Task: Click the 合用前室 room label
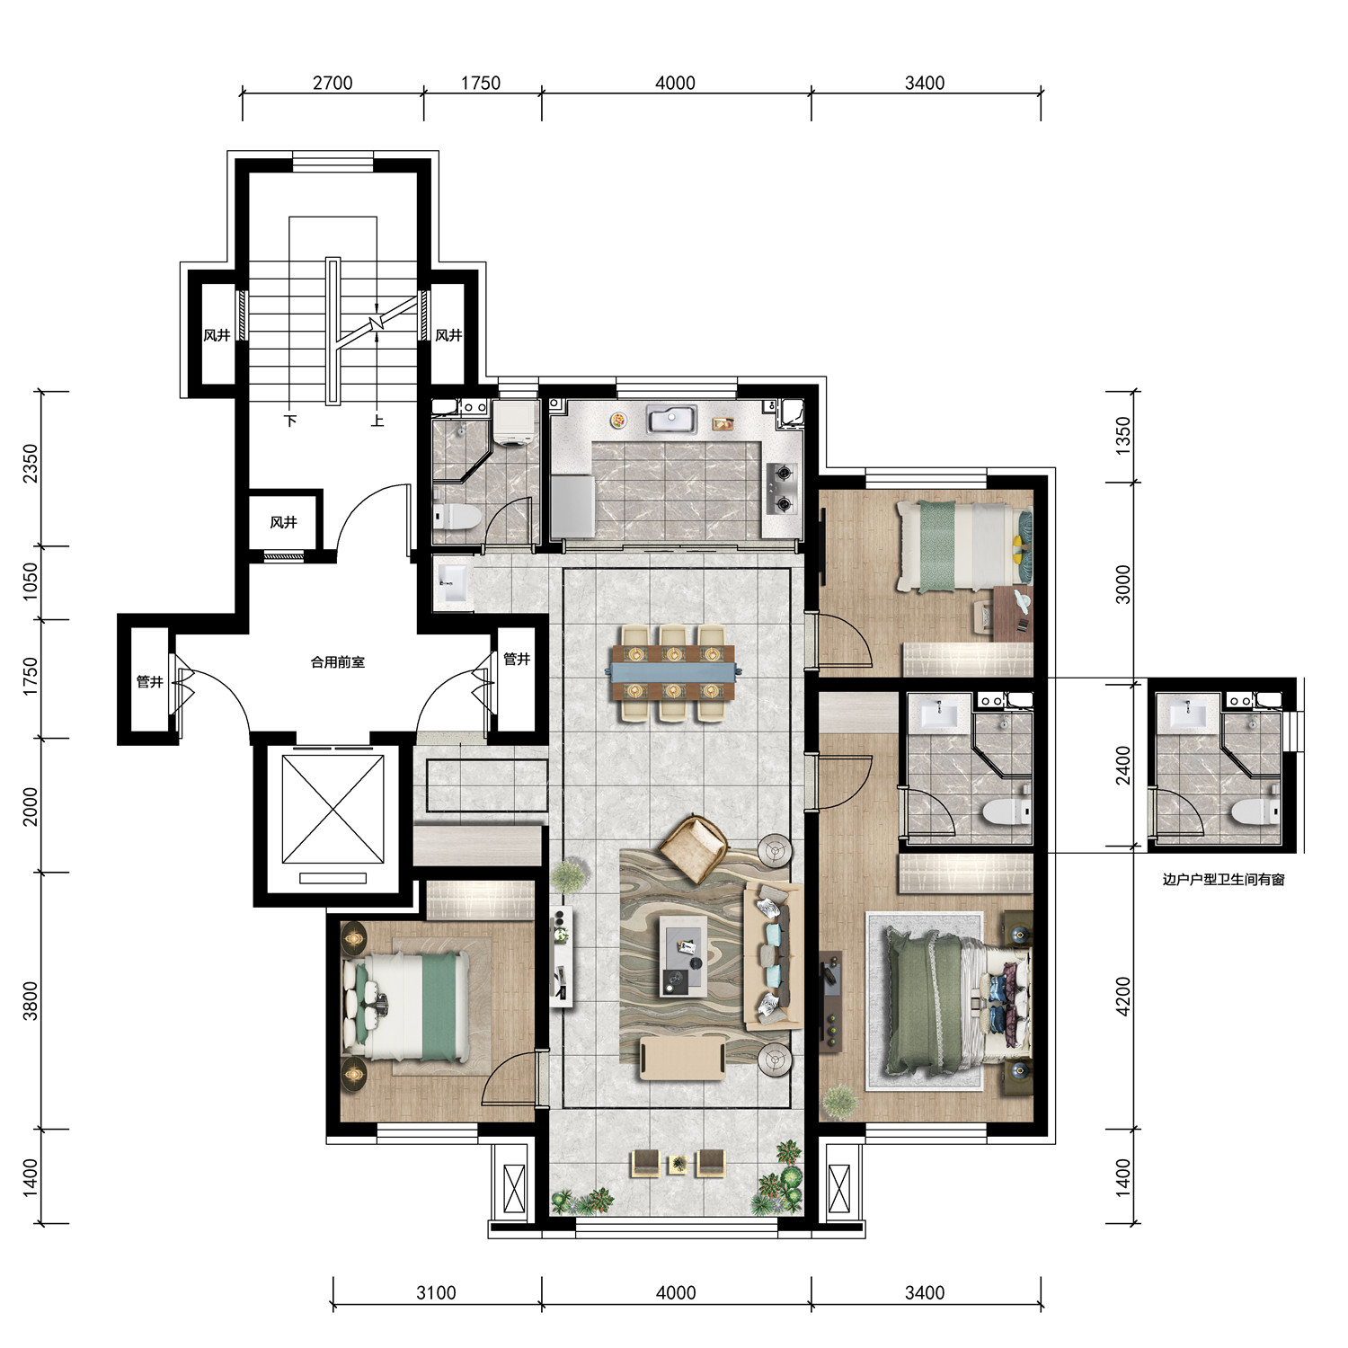(338, 662)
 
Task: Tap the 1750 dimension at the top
(481, 83)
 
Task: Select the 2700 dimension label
(333, 83)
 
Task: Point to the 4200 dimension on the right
(1122, 997)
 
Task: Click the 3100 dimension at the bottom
(436, 1292)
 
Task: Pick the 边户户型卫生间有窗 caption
(1223, 880)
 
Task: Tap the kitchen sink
(670, 420)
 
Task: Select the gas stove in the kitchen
(781, 489)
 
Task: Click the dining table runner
(674, 669)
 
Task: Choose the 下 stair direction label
(290, 420)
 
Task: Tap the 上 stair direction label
(377, 420)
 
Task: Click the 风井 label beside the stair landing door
(283, 522)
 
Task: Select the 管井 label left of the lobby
(149, 682)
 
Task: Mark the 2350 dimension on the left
(31, 464)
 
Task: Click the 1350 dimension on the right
(1122, 436)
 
